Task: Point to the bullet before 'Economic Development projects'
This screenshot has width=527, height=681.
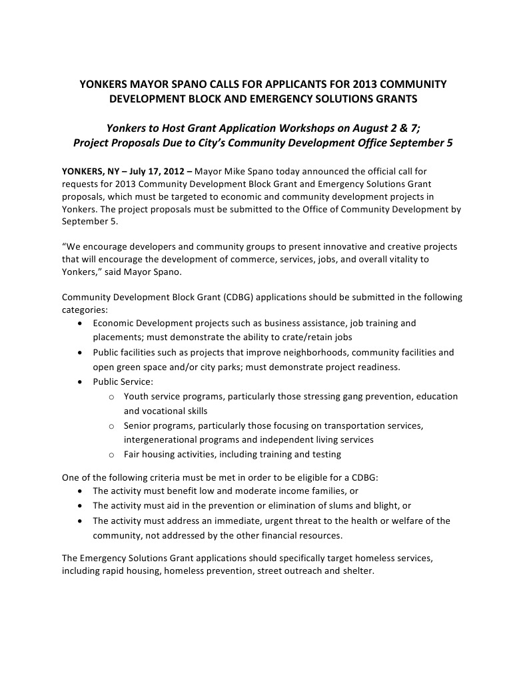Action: coord(80,324)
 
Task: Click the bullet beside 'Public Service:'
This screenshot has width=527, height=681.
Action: coord(80,382)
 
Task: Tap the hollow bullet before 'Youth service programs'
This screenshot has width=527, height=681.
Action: coord(111,397)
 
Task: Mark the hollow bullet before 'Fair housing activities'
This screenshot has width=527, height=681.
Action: coord(111,455)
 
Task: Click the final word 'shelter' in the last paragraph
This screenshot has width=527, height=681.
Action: coord(358,571)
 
